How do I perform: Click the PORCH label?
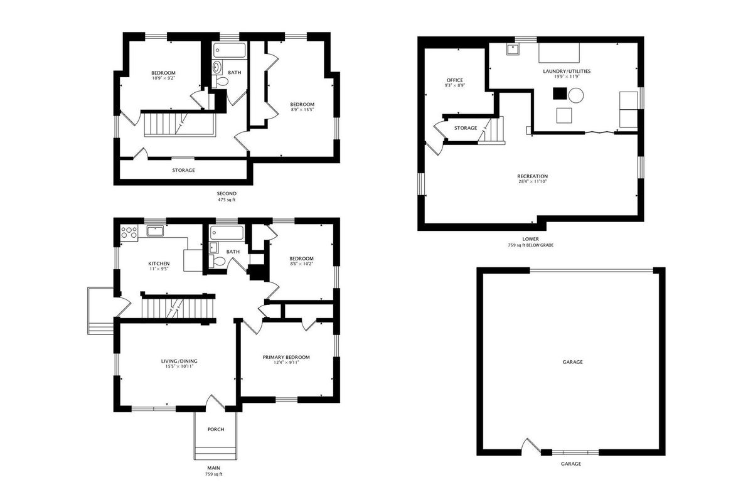[x=215, y=429]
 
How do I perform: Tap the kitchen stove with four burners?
[x=129, y=232]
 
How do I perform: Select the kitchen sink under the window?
[x=155, y=231]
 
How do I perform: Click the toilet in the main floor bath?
[x=217, y=260]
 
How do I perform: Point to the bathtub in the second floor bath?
[x=229, y=50]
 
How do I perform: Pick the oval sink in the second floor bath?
[x=217, y=67]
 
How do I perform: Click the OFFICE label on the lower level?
[x=455, y=80]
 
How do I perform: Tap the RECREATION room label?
[x=533, y=176]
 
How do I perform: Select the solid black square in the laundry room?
[x=560, y=93]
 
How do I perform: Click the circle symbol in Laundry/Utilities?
[x=576, y=95]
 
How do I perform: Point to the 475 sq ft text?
[x=227, y=200]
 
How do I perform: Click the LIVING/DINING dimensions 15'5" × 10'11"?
[x=179, y=366]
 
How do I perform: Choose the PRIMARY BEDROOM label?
[x=286, y=357]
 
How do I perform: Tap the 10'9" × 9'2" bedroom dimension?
[x=164, y=78]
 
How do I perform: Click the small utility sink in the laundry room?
[x=513, y=50]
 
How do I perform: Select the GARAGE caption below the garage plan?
[x=571, y=464]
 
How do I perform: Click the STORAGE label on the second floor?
[x=183, y=170]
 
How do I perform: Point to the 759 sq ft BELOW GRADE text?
[x=530, y=245]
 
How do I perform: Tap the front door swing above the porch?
[x=215, y=402]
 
